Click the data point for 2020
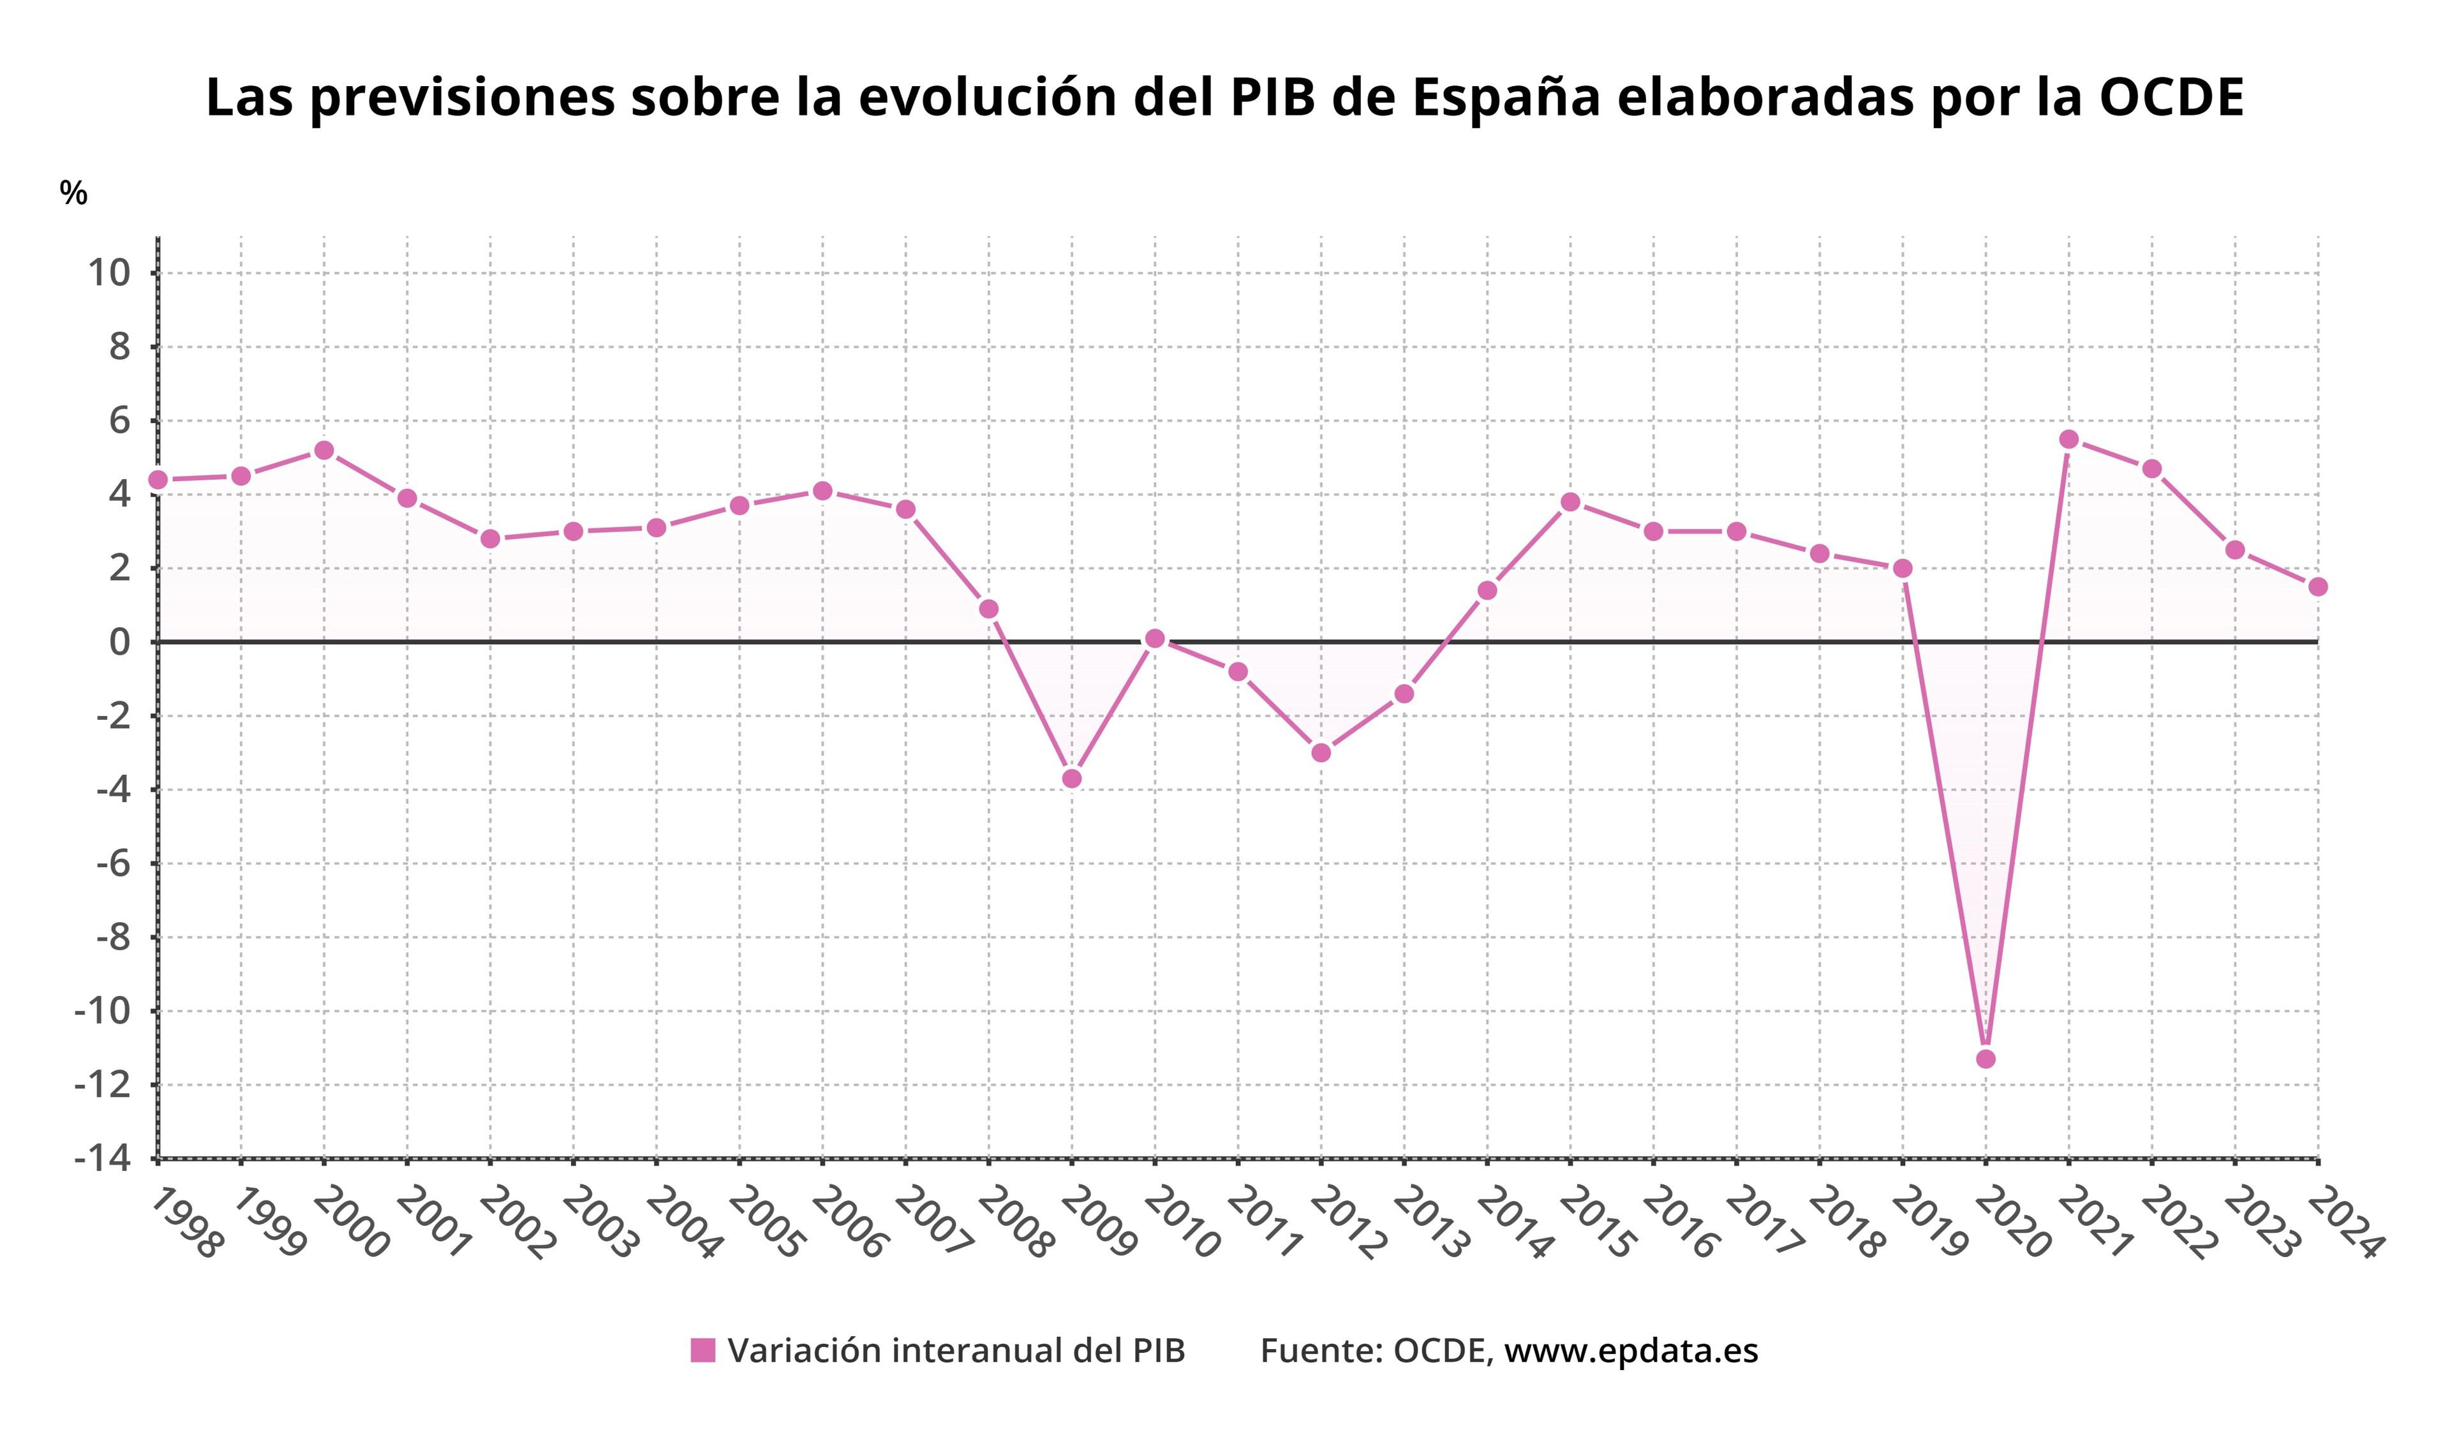pyautogui.click(x=1986, y=1059)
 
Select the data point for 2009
pyautogui.click(x=1071, y=779)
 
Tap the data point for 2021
pyautogui.click(x=2069, y=440)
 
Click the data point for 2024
pyautogui.click(x=2318, y=586)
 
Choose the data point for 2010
pyautogui.click(x=1155, y=639)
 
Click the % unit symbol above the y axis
pyautogui.click(x=73, y=193)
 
